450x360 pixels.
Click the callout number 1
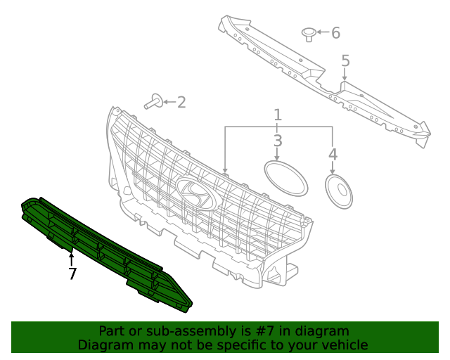tap(278, 115)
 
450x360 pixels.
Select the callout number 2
tap(181, 103)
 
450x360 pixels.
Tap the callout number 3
tap(278, 141)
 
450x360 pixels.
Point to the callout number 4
tap(333, 154)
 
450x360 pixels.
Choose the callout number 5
tap(345, 61)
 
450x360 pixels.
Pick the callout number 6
tap(335, 32)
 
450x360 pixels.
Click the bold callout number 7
tap(72, 274)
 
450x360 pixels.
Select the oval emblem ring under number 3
tap(285, 177)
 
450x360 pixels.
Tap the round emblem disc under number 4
tap(339, 191)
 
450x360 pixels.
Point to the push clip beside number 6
tap(308, 33)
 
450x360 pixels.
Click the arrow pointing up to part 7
tap(71, 258)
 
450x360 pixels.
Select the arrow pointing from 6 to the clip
tap(322, 32)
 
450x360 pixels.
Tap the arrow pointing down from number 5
tap(345, 77)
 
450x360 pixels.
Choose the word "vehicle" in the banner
tap(344, 345)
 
